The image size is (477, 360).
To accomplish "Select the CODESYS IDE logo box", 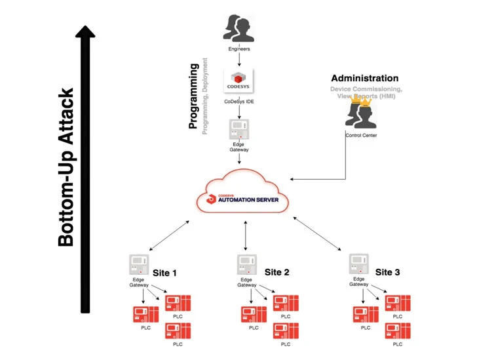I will pos(238,81).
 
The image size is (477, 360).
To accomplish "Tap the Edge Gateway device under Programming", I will pos(238,130).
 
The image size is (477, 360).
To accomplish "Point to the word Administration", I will pos(364,78).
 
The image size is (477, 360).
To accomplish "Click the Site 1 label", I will pos(166,272).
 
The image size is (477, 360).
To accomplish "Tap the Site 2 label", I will pos(276,272).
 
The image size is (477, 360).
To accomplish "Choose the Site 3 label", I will pos(385,272).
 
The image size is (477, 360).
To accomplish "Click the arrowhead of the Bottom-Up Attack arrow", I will pos(86,31).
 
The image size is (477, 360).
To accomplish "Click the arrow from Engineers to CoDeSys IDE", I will pos(238,59).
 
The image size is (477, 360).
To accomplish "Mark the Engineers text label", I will pos(238,49).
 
